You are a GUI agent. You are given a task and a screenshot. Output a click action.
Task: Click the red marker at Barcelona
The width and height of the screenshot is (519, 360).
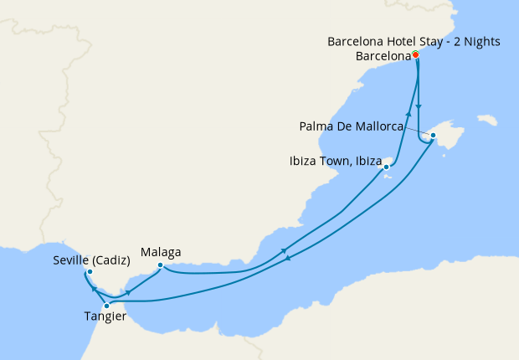pos(416,56)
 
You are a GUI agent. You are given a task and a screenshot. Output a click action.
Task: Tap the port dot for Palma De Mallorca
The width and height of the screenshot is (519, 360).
pos(433,135)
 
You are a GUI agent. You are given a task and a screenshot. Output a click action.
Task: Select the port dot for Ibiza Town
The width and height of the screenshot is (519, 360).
pos(386,167)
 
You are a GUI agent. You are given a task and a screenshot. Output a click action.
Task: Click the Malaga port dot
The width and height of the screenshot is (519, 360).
pos(160,266)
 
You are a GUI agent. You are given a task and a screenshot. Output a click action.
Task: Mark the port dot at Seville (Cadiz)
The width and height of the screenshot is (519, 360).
pos(90,272)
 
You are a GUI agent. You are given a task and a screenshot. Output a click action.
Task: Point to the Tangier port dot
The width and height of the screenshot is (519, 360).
pos(106,306)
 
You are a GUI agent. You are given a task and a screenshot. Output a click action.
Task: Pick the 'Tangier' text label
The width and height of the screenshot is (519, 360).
pos(105,316)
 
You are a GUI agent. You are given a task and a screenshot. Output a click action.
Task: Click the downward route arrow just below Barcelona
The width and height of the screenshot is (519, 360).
pos(419,106)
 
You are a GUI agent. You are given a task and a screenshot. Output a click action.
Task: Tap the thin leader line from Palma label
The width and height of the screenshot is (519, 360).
pos(417,131)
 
